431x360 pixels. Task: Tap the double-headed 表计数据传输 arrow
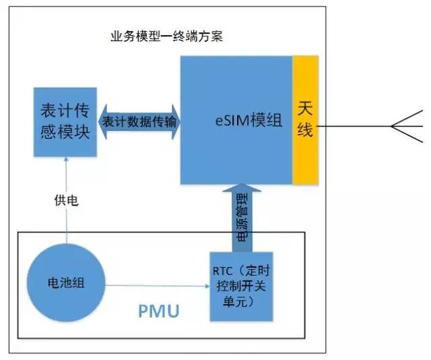[139, 121]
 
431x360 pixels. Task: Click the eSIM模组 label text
[243, 121]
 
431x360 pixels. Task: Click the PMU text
[160, 311]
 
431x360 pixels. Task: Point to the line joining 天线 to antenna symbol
[354, 126]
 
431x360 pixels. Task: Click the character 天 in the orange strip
[305, 107]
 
